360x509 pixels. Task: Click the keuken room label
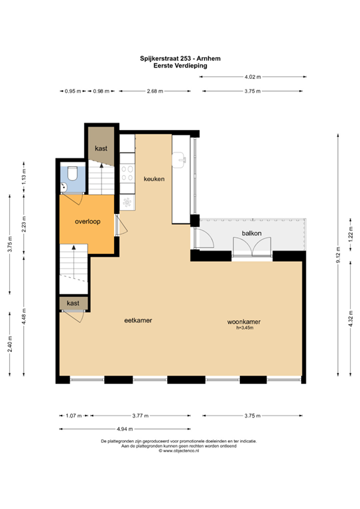click(154, 179)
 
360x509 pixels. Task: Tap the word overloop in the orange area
click(88, 222)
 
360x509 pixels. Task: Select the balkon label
click(251, 233)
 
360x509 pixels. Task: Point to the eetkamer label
click(139, 321)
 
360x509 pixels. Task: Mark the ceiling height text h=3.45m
click(245, 327)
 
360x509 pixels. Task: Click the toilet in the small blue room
click(72, 174)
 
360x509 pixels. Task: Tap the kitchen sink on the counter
click(180, 158)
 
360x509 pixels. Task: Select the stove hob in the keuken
click(127, 174)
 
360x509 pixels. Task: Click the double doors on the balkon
click(252, 247)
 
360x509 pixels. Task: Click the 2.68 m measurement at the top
click(156, 91)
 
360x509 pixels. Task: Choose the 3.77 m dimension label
click(139, 416)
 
